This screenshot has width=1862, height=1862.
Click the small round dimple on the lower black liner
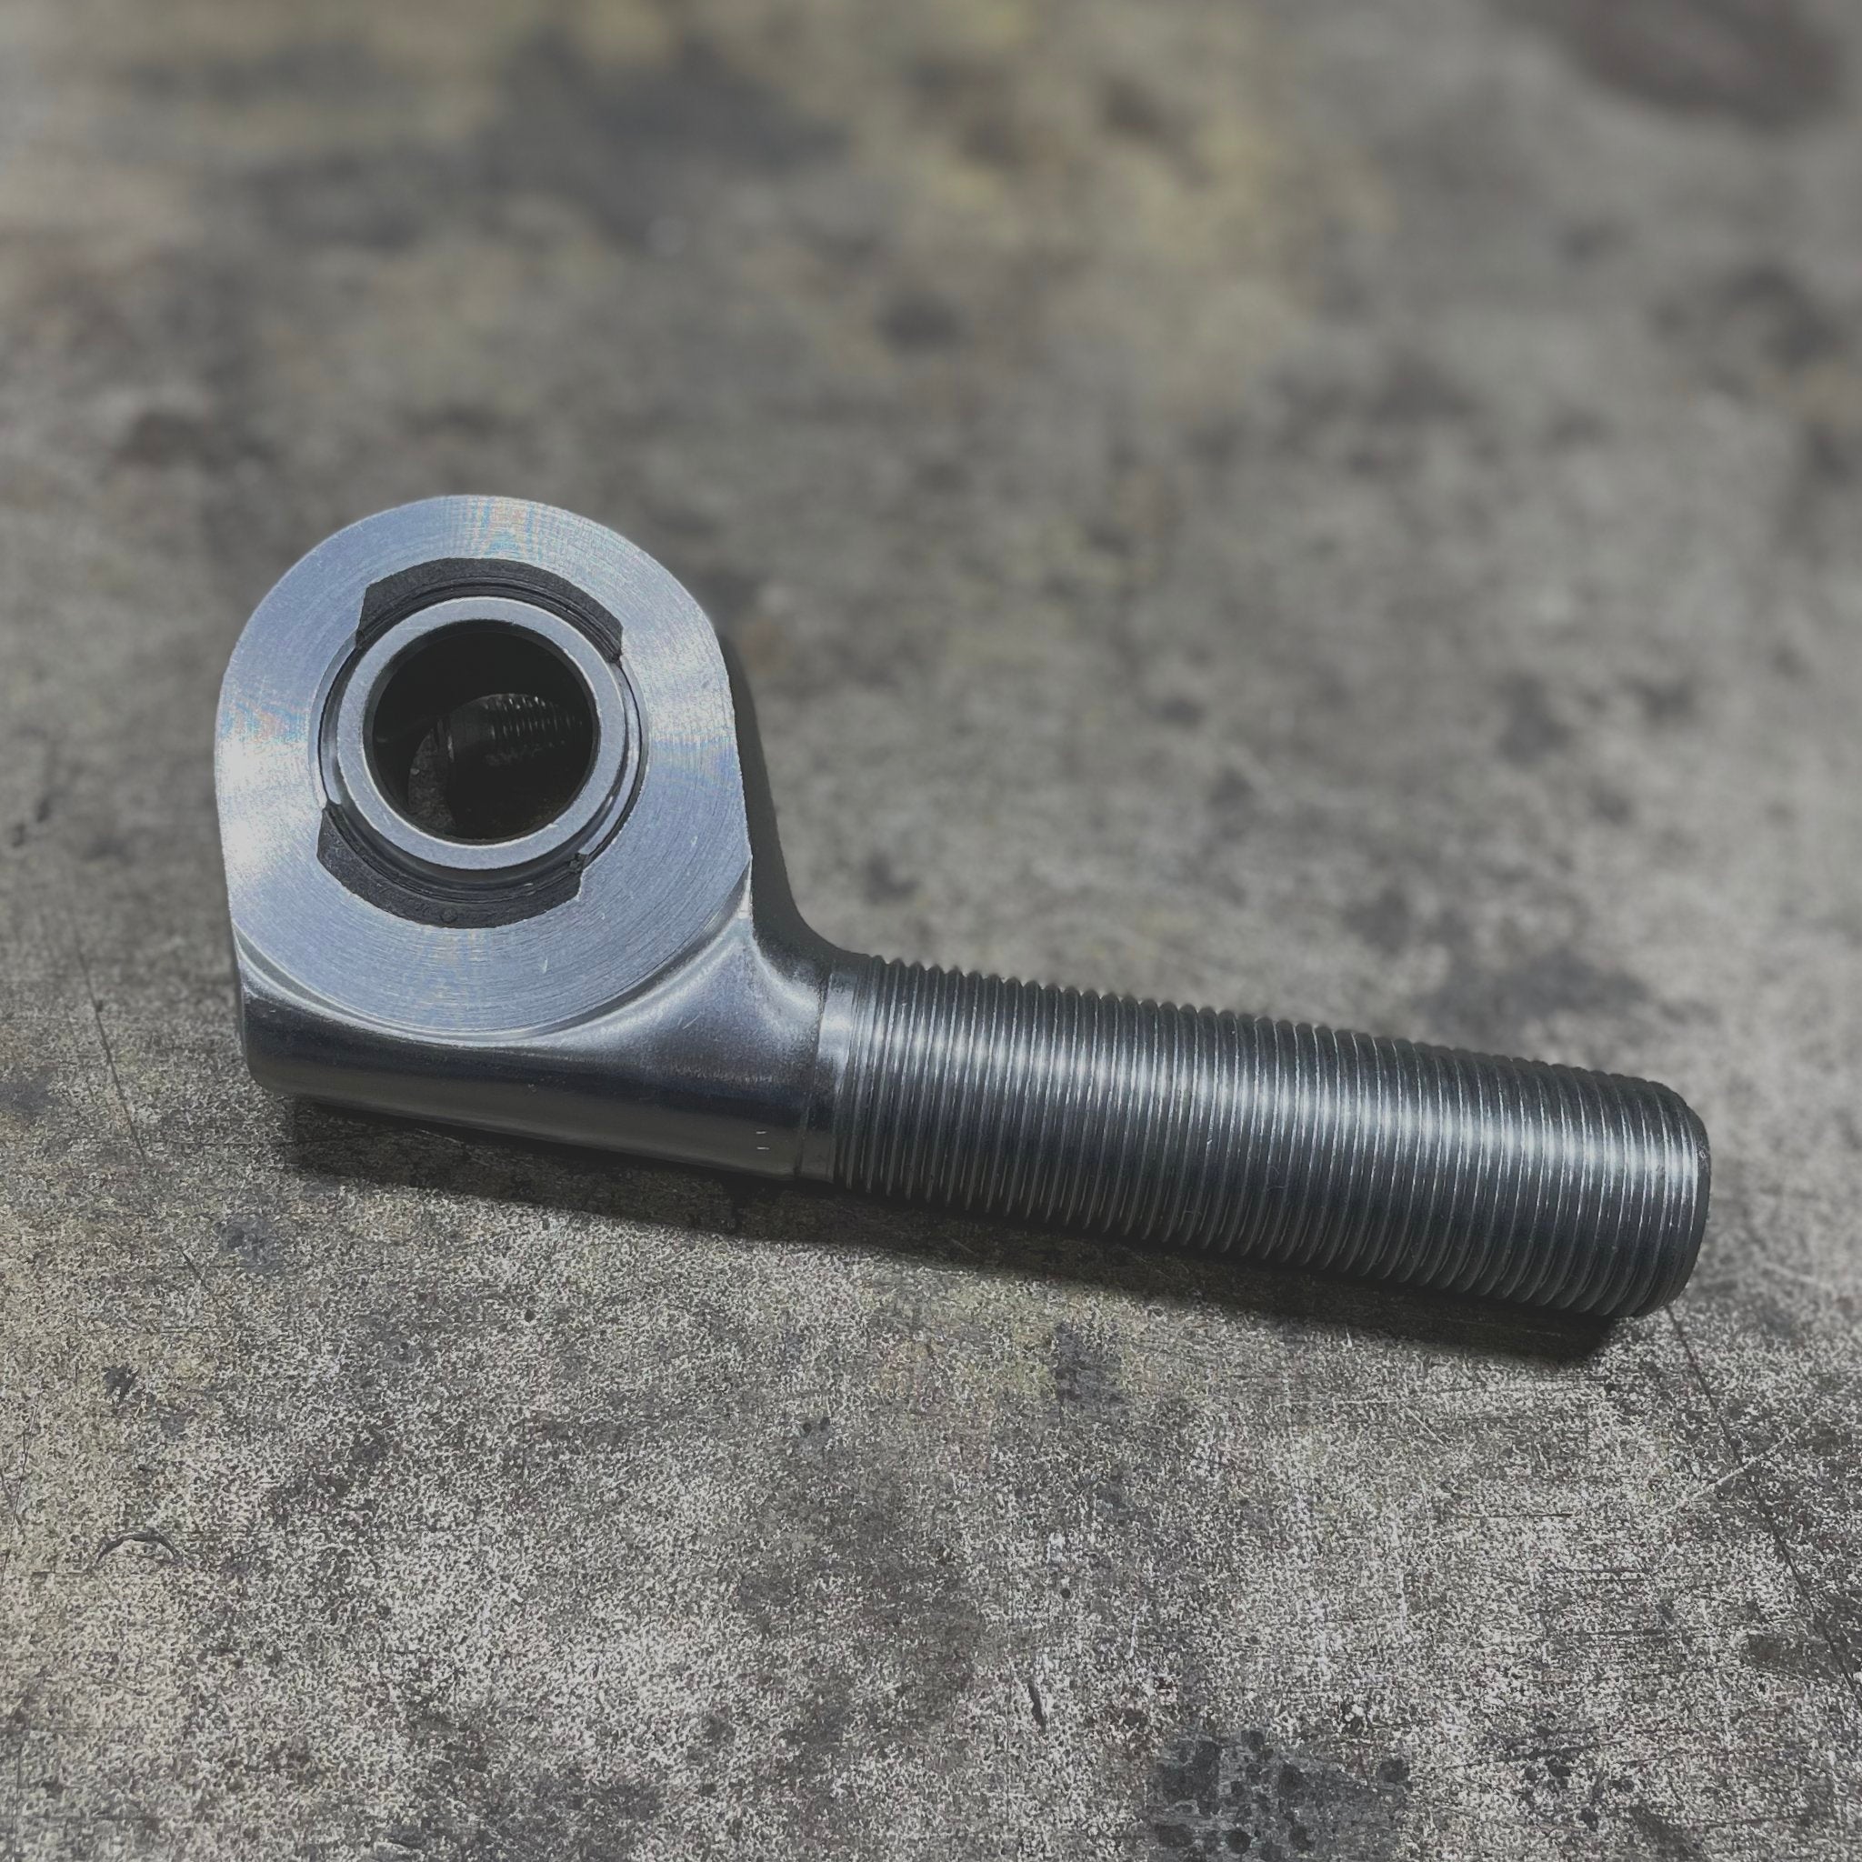click(x=449, y=908)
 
